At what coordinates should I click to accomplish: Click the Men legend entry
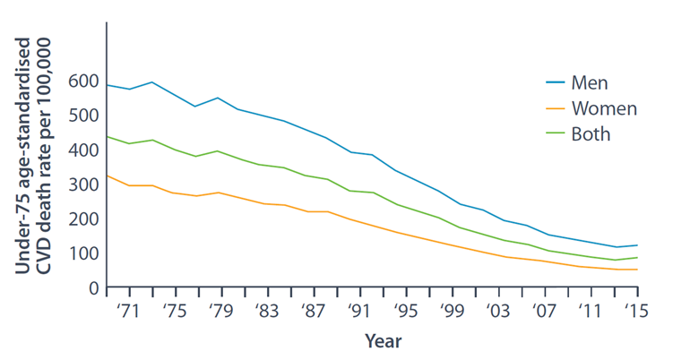(x=577, y=82)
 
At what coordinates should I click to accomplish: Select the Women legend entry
(x=591, y=108)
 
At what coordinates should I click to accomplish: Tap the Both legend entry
(x=578, y=133)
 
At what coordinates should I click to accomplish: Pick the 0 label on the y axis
(x=94, y=288)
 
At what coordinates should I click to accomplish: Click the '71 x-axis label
(x=128, y=311)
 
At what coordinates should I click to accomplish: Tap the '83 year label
(x=267, y=311)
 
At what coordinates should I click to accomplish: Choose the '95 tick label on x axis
(x=405, y=311)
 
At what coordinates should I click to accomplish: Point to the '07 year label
(x=543, y=311)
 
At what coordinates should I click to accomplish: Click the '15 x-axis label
(x=636, y=311)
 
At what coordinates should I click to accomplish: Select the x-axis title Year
(x=383, y=341)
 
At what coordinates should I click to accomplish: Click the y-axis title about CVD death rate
(x=33, y=156)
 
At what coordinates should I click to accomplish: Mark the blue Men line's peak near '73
(x=152, y=82)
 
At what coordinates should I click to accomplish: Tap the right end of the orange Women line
(x=638, y=270)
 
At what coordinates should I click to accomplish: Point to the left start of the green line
(x=107, y=137)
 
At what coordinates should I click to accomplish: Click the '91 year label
(x=359, y=311)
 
